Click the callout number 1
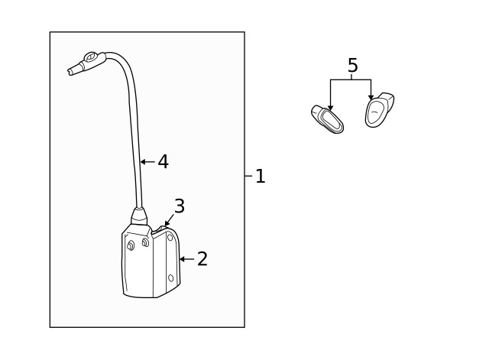tap(261, 177)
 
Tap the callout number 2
tap(202, 259)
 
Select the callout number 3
tap(180, 206)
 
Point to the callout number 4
tap(163, 162)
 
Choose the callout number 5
tap(352, 66)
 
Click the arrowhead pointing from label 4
tap(142, 162)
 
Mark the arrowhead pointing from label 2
tap(182, 259)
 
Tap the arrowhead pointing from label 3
tap(167, 225)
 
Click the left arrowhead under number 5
tap(330, 109)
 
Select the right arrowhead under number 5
tap(371, 99)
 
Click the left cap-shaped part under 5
tap(328, 119)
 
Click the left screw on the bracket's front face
tap(131, 245)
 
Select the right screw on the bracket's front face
tap(145, 242)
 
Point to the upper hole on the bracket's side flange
tap(170, 238)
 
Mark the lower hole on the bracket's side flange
tap(170, 278)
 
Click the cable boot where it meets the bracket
tap(139, 216)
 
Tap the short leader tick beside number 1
tap(248, 176)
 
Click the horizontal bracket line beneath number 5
tap(351, 79)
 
